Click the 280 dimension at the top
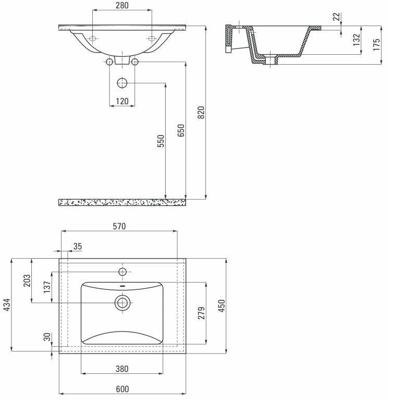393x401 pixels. coord(122,6)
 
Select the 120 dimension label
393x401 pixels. coord(122,101)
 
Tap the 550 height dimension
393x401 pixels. coord(161,141)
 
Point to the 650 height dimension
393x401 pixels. coord(181,130)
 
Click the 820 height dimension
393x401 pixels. coord(202,112)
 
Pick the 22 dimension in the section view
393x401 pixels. coord(336,16)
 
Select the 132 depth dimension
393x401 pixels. coord(357,41)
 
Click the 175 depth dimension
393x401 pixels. coord(376,45)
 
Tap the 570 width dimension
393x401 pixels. coord(120,226)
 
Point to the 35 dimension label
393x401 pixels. coord(77,246)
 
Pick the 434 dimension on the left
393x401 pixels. coord(7,305)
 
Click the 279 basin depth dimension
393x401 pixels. coord(202,313)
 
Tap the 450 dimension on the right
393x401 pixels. coord(222,306)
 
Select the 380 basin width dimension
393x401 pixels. coord(122,369)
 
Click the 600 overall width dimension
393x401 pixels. coord(122,389)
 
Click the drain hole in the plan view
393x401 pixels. coord(122,302)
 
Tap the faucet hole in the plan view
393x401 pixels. coord(122,272)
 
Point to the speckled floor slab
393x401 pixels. coord(122,202)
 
